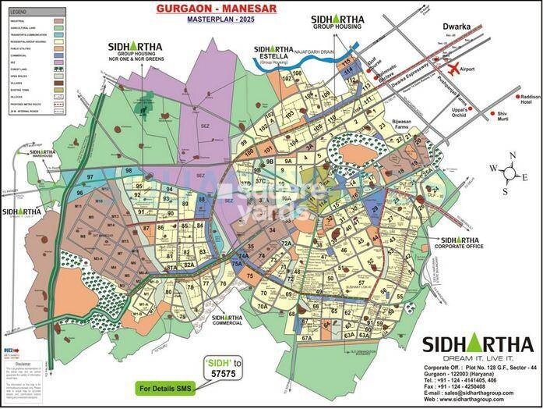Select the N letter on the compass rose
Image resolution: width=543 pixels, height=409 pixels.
pos(510,155)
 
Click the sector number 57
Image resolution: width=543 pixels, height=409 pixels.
pos(361,282)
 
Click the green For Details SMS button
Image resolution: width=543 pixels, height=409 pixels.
pos(168,387)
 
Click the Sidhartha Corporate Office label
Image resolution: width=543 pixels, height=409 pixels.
pos(460,243)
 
